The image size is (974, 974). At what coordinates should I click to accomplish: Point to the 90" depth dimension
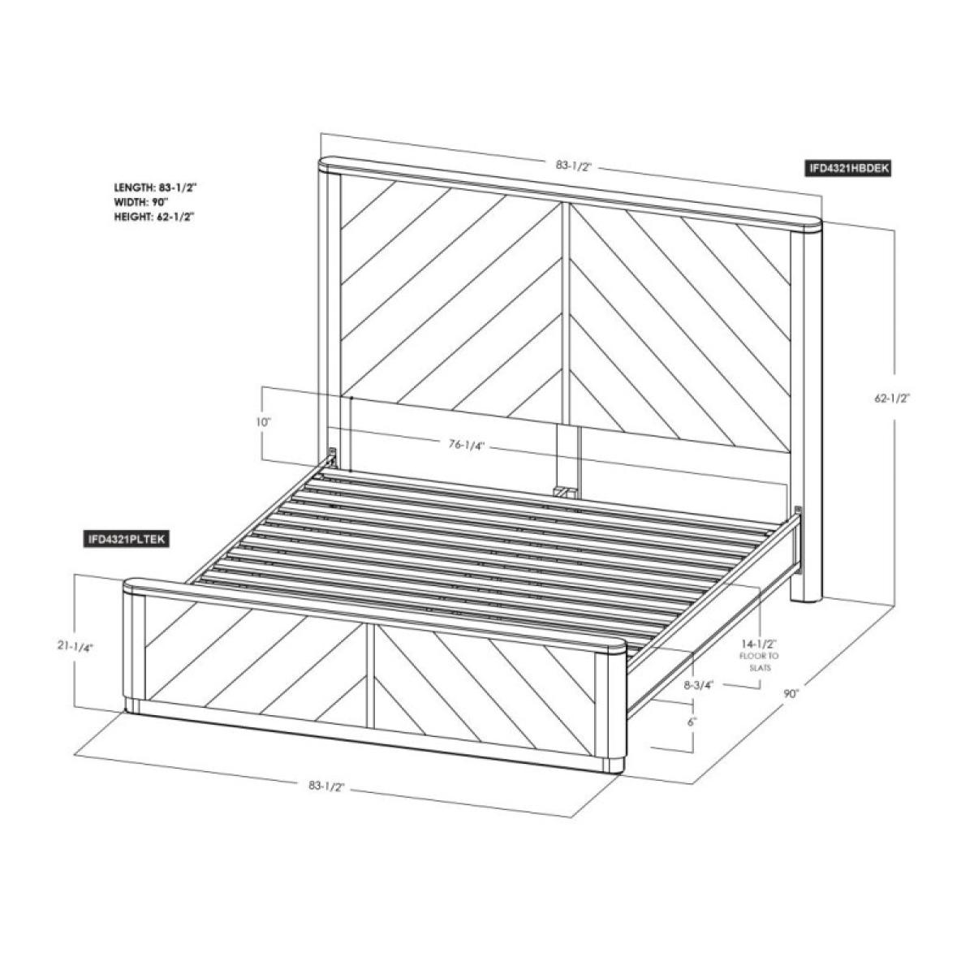point(791,693)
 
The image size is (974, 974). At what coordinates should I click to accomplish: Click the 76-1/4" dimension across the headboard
point(467,444)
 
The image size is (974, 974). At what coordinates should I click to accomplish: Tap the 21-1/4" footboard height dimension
point(76,646)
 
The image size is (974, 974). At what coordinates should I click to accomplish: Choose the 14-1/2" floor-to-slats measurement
point(759,644)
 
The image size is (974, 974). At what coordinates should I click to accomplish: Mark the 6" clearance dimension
point(692,722)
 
